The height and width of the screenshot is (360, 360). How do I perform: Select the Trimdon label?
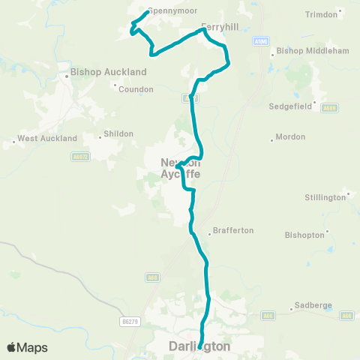(x=322, y=14)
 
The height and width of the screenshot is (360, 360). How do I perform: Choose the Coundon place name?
(x=136, y=89)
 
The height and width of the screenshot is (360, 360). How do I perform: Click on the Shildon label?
(x=118, y=133)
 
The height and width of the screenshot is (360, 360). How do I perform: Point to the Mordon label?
(x=290, y=137)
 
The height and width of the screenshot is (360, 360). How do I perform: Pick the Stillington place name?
(x=326, y=198)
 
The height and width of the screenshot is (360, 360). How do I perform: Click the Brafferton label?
(x=233, y=230)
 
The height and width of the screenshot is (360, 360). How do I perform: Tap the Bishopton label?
(x=304, y=235)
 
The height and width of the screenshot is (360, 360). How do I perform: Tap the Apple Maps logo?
(x=26, y=347)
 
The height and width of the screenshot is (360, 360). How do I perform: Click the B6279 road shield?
(x=130, y=321)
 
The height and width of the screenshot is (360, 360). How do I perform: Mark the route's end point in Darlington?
(x=200, y=346)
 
